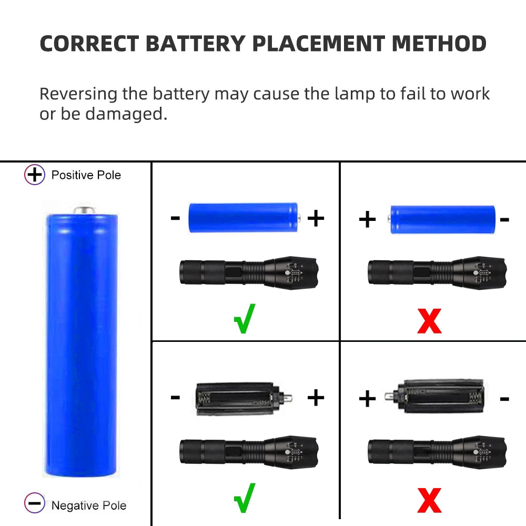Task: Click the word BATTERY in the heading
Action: pos(194,44)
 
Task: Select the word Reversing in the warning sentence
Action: pos(78,94)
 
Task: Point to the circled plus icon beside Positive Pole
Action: pos(35,175)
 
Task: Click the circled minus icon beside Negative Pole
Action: pos(35,504)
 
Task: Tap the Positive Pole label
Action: pos(86,175)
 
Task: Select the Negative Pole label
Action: pos(89,505)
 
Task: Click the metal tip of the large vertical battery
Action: pos(85,210)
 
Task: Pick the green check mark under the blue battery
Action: pos(244,318)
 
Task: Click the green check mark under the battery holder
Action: pos(244,498)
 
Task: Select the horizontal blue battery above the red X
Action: pos(442,219)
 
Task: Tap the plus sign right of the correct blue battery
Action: pos(316,218)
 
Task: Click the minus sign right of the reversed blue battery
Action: pos(504,219)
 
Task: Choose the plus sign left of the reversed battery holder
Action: pos(367,399)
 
